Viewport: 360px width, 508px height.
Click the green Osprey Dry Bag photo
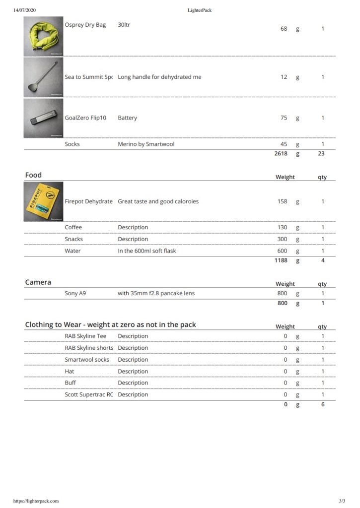pos(44,37)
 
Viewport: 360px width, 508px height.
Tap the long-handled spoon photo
pos(44,77)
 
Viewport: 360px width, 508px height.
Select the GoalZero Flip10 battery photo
pos(44,118)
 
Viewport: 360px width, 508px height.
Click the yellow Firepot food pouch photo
pos(44,202)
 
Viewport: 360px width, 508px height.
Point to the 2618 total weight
pos(281,154)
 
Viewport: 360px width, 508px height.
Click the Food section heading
pos(34,175)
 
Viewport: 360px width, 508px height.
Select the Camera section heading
pos(38,282)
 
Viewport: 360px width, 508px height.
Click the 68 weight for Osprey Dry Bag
pos(284,29)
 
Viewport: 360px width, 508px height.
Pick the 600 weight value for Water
pos(282,251)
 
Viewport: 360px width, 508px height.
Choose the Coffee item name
pos(73,227)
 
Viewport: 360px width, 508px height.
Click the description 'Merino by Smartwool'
pos(146,144)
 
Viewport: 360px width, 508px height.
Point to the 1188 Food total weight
pos(281,260)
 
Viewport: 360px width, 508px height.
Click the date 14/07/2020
pos(25,10)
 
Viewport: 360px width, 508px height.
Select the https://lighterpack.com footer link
pos(36,501)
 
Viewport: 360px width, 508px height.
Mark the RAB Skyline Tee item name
pos(85,336)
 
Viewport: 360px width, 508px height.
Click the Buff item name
pos(71,383)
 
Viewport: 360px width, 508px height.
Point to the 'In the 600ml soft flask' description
pos(147,251)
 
